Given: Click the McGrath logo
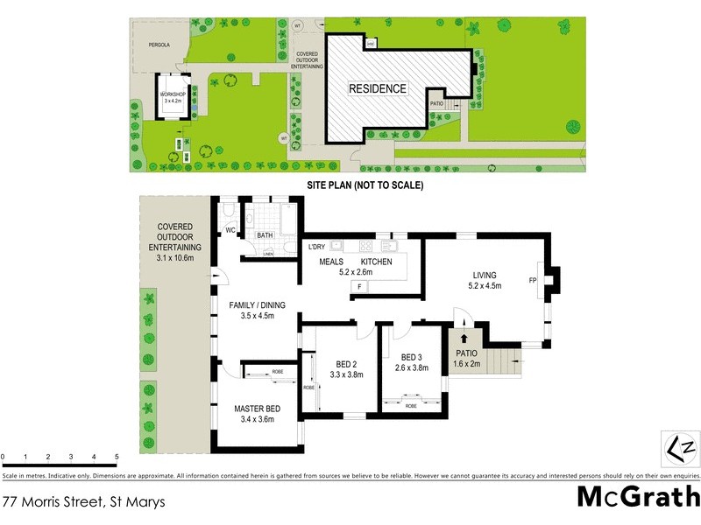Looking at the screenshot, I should [x=637, y=498].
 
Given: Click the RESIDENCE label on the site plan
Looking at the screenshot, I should [x=378, y=88].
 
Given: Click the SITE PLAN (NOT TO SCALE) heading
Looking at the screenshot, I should [x=365, y=185].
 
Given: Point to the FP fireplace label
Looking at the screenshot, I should [x=532, y=281].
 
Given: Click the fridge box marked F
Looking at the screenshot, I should [x=358, y=287].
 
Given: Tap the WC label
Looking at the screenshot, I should [x=231, y=230].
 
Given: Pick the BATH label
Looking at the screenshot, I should [x=266, y=235].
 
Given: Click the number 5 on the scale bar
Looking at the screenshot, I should [x=117, y=457].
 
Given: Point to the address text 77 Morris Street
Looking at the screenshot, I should [x=83, y=502].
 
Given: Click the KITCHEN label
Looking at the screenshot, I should [x=377, y=262].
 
